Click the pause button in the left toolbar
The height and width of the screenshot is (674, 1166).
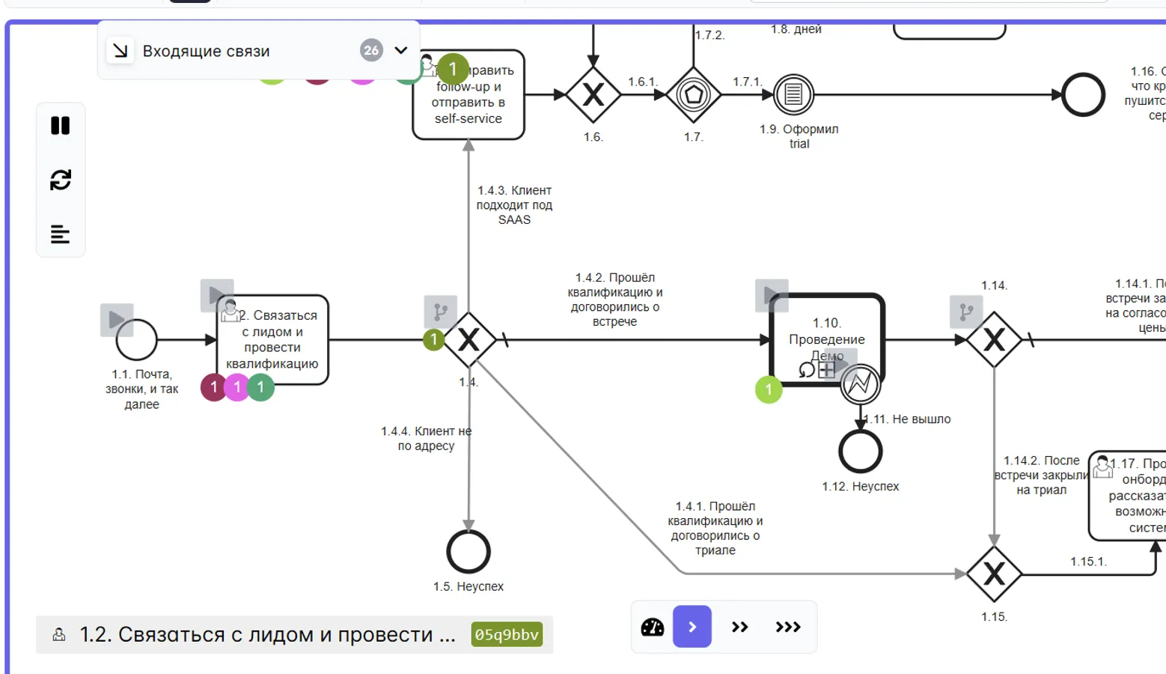[x=61, y=126]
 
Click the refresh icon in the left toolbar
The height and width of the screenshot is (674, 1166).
[x=61, y=180]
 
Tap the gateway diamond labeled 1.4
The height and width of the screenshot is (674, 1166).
[x=469, y=340]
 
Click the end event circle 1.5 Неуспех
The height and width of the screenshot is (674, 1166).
[x=468, y=552]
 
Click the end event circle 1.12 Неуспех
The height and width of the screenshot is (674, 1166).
[x=861, y=452]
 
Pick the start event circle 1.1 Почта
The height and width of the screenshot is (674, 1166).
[x=136, y=340]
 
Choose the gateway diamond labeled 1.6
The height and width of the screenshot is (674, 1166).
[x=593, y=95]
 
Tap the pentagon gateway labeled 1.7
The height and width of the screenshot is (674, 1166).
[x=694, y=95]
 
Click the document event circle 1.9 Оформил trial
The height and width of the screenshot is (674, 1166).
[x=793, y=95]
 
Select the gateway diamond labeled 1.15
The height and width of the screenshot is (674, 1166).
[x=994, y=574]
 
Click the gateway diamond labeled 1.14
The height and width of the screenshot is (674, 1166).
[x=994, y=340]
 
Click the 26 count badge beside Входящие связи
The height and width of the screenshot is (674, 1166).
[x=371, y=50]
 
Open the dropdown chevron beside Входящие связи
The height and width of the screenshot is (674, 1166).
[x=401, y=50]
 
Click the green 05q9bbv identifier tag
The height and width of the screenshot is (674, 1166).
[x=507, y=634]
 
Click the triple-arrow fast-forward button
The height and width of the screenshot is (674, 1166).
[x=788, y=627]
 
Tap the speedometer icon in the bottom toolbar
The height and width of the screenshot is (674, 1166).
[x=653, y=627]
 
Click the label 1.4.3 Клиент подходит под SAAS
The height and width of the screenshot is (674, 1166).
[x=514, y=205]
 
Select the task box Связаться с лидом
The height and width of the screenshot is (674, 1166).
[x=272, y=340]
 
